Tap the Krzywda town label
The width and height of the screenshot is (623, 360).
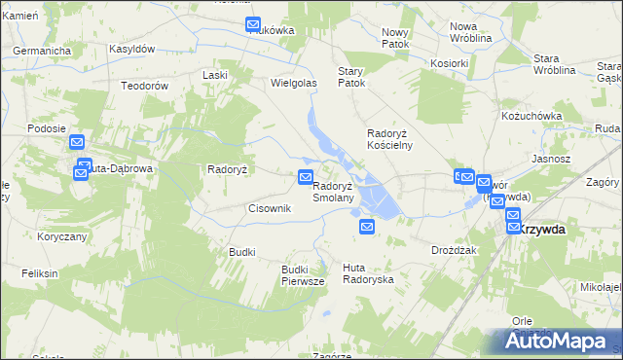[542, 229]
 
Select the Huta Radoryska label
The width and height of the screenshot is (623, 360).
[368, 272]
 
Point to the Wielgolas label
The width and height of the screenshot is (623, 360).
[294, 84]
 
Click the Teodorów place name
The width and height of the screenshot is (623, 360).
[145, 86]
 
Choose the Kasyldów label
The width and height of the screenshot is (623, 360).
[132, 49]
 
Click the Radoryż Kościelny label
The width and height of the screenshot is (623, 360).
[389, 139]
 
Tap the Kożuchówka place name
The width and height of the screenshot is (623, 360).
[531, 116]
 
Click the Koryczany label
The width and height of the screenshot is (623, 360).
[62, 236]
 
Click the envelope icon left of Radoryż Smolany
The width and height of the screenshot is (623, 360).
[305, 177]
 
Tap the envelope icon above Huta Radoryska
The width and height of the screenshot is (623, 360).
[367, 227]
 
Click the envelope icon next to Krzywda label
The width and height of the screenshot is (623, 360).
[513, 227]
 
